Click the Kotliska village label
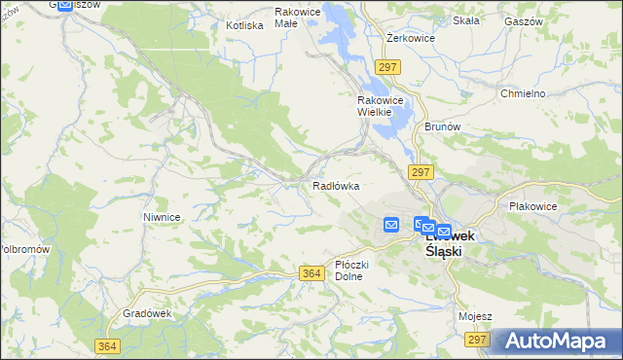pyautogui.click(x=244, y=25)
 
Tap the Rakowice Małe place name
pyautogui.click(x=298, y=18)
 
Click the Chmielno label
pyautogui.click(x=523, y=93)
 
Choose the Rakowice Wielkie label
pyautogui.click(x=374, y=106)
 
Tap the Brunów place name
pyautogui.click(x=441, y=126)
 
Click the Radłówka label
pyautogui.click(x=336, y=185)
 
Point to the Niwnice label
pyautogui.click(x=162, y=217)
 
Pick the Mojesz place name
pyautogui.click(x=475, y=317)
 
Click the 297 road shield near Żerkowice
pyautogui.click(x=388, y=67)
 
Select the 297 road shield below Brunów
pyautogui.click(x=421, y=172)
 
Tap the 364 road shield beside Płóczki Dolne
pyautogui.click(x=311, y=274)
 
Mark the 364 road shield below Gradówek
pyautogui.click(x=109, y=346)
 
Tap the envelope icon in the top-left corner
pyautogui.click(x=65, y=5)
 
